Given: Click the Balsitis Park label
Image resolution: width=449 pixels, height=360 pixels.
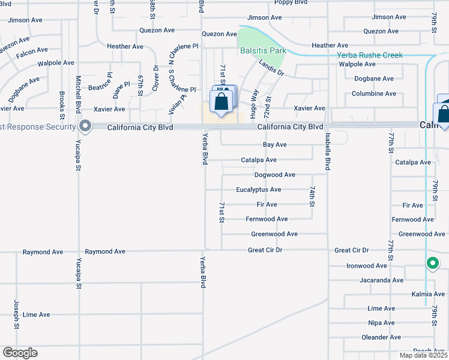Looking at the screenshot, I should click(263, 50).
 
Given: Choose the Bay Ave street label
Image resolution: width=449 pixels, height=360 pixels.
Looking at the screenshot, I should click(275, 145).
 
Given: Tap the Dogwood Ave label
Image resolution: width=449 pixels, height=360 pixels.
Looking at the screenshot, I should click(275, 175).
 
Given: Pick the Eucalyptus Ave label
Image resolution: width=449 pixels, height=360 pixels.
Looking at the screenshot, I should click(259, 190).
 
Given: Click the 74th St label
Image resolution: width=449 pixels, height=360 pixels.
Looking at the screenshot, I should click(312, 196).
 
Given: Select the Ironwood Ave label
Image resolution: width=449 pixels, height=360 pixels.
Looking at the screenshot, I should click(367, 266).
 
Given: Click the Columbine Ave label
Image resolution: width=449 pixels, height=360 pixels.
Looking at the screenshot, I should click(374, 94).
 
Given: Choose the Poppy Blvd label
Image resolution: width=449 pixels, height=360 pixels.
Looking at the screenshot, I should click(292, 3).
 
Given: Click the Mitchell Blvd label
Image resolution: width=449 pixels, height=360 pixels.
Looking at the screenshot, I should click(78, 95).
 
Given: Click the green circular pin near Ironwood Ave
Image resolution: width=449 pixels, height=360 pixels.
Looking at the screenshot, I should click(432, 263).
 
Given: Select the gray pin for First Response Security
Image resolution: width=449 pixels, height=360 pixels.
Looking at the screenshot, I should click(85, 127).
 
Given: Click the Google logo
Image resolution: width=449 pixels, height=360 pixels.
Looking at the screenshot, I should click(20, 353).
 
